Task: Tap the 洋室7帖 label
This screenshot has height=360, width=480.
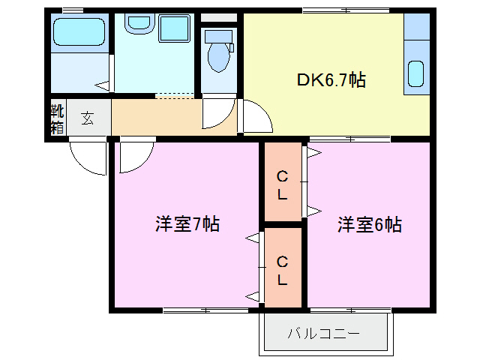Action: (187, 223)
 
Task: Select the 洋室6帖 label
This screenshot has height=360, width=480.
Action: (369, 223)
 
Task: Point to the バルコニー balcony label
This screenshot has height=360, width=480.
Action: (324, 333)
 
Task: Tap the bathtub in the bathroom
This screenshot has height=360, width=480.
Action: (78, 32)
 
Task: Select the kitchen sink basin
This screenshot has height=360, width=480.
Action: (415, 75)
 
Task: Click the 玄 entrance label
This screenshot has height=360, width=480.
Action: (88, 118)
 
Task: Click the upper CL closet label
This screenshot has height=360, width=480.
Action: (283, 184)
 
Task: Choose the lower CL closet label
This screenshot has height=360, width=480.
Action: (283, 271)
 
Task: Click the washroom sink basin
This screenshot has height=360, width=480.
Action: (137, 23)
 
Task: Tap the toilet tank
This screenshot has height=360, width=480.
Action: (218, 34)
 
